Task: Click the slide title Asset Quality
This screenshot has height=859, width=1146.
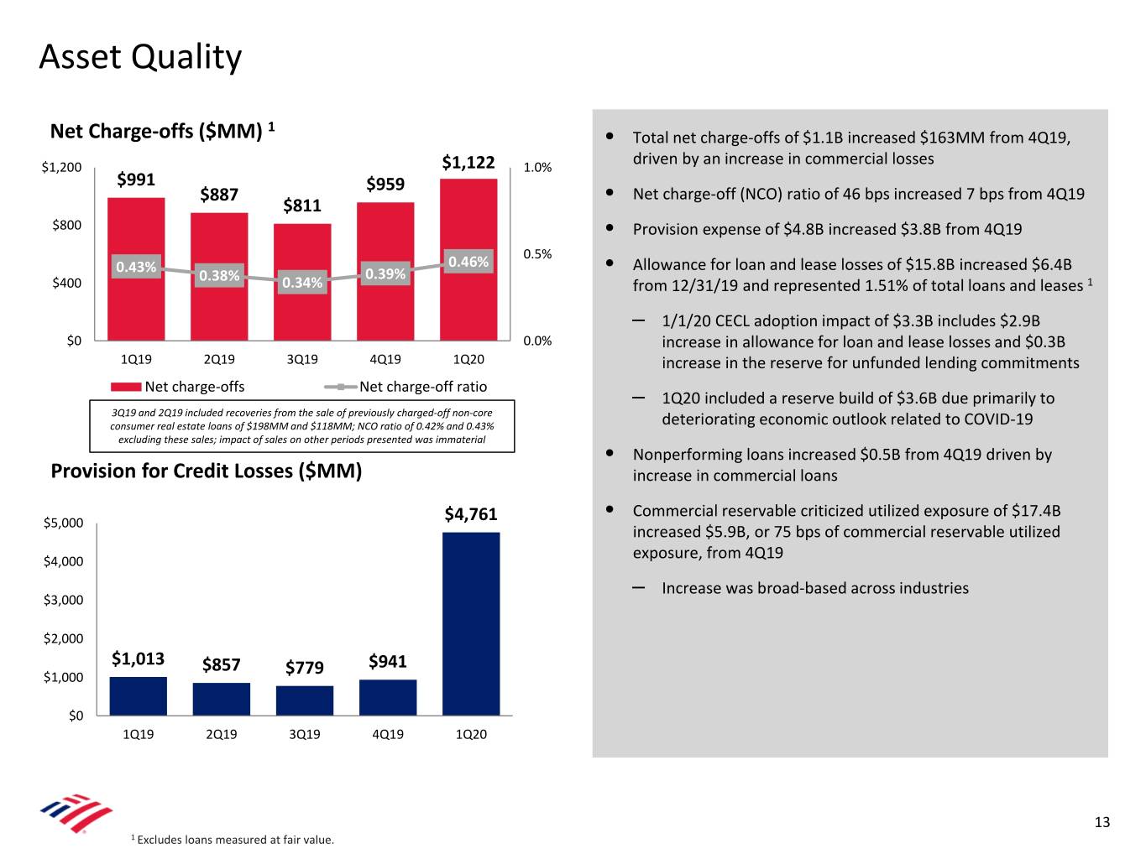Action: [140, 57]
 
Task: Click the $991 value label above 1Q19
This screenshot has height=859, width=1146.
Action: [136, 179]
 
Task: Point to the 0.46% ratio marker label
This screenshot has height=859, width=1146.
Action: [468, 262]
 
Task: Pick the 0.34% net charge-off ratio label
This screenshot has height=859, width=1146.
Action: [302, 283]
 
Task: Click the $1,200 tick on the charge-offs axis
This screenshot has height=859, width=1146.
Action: [62, 167]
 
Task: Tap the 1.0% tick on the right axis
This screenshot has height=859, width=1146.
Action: [537, 167]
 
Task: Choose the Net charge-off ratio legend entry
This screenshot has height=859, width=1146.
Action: [422, 387]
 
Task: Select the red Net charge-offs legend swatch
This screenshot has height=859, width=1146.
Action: [126, 387]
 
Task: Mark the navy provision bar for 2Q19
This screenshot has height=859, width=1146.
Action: [221, 699]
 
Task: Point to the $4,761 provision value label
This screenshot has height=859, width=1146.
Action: [471, 513]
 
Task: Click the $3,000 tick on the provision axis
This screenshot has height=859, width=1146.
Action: [64, 600]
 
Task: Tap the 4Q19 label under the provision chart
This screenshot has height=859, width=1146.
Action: [387, 734]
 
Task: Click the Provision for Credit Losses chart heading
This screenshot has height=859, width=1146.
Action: [207, 471]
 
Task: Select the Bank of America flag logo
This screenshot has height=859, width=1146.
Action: [76, 813]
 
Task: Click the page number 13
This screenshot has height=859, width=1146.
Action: [1102, 822]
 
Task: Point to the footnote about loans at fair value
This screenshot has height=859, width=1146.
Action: [233, 840]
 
